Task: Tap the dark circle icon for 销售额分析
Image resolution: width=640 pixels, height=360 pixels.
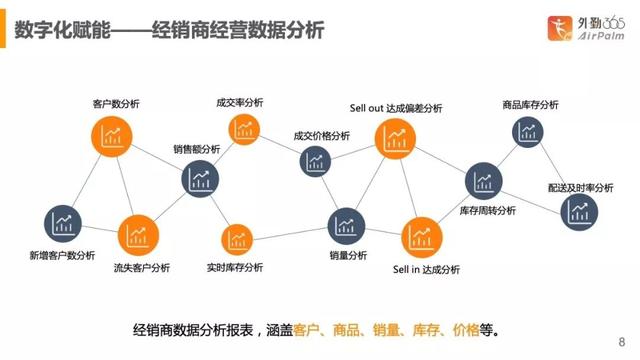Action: (x=201, y=178)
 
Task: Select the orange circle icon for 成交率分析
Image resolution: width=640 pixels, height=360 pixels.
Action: (x=243, y=127)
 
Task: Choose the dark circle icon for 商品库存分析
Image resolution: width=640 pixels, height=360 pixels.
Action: (x=527, y=130)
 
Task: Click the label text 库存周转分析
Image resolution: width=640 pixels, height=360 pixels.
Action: (x=487, y=211)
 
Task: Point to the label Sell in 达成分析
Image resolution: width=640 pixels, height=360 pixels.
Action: (x=426, y=269)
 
